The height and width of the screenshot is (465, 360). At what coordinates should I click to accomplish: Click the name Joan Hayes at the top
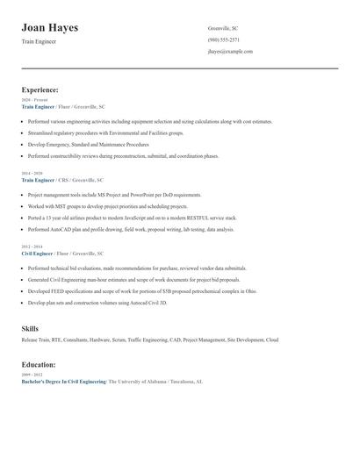[50, 28]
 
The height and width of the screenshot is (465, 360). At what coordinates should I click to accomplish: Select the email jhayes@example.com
[231, 52]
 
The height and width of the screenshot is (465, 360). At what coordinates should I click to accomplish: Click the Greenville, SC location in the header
[223, 29]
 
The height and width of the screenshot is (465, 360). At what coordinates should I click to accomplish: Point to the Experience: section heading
[40, 89]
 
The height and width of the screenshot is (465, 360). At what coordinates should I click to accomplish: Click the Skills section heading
[30, 329]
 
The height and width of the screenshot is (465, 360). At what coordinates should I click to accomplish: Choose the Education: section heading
[39, 364]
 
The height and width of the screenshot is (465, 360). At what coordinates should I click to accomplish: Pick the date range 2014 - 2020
[32, 174]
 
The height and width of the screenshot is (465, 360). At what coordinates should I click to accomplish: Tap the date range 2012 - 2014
[32, 247]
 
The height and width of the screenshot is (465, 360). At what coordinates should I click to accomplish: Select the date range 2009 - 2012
[32, 375]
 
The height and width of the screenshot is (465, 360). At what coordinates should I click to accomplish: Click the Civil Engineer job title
[38, 253]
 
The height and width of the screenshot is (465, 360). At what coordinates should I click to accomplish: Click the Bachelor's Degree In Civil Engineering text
[63, 382]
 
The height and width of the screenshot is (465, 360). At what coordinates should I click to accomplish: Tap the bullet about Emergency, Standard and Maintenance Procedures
[88, 144]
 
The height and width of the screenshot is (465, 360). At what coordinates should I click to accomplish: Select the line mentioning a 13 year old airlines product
[132, 217]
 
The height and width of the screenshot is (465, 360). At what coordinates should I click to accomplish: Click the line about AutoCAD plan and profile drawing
[131, 229]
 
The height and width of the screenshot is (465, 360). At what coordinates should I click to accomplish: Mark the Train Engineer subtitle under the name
[39, 42]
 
